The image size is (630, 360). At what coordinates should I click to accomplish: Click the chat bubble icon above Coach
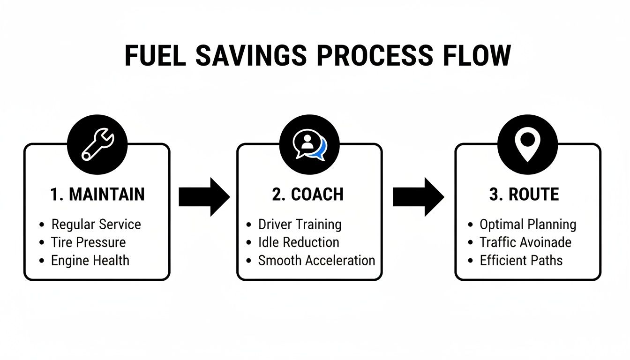pyautogui.click(x=308, y=144)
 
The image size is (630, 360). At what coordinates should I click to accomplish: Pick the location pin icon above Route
pyautogui.click(x=527, y=144)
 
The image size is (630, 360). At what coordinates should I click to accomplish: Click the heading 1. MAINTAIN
pyautogui.click(x=97, y=195)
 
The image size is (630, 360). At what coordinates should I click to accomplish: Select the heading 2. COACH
pyautogui.click(x=308, y=195)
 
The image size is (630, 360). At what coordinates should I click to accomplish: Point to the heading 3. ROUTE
pyautogui.click(x=524, y=195)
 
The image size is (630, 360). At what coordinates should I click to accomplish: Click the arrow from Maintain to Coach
pyautogui.click(x=204, y=197)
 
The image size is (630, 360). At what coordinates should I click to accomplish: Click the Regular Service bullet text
pyautogui.click(x=96, y=225)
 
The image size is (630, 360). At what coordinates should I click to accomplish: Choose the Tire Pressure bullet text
pyautogui.click(x=88, y=242)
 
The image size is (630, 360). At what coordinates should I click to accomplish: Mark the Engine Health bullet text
pyautogui.click(x=90, y=260)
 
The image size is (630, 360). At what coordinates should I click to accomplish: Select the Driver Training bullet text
pyautogui.click(x=300, y=225)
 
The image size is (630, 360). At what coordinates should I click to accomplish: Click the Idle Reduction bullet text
pyautogui.click(x=299, y=242)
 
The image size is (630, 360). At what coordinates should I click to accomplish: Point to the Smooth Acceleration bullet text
pyautogui.click(x=316, y=260)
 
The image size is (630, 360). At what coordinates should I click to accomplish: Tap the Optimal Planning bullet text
pyautogui.click(x=528, y=225)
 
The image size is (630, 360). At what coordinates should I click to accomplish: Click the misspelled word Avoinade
pyautogui.click(x=547, y=242)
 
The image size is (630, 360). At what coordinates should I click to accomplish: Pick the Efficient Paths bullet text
pyautogui.click(x=521, y=260)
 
